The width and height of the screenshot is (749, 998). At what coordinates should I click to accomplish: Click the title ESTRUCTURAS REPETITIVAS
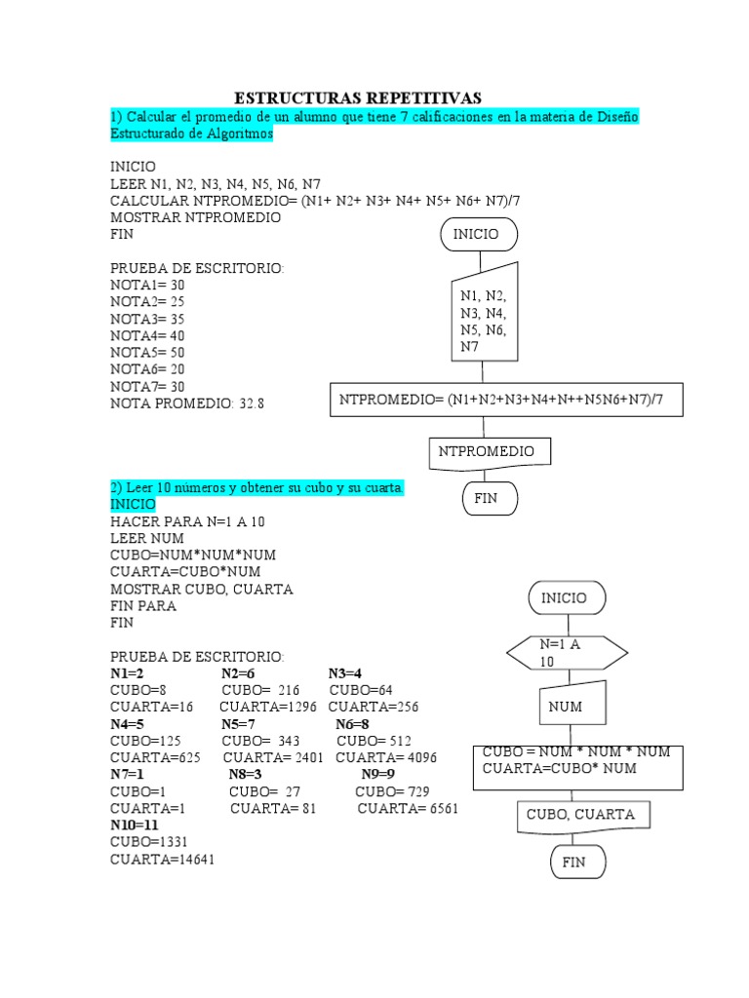[358, 98]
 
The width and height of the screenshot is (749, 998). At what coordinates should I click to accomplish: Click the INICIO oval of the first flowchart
[479, 235]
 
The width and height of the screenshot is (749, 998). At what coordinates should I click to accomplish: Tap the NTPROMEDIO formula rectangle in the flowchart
[506, 400]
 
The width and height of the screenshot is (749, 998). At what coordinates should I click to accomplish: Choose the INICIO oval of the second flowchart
[566, 598]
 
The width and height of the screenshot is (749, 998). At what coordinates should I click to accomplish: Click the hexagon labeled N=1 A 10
[566, 653]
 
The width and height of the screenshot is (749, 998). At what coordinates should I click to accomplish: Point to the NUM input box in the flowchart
[566, 707]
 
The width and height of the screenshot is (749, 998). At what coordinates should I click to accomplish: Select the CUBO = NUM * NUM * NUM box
[577, 761]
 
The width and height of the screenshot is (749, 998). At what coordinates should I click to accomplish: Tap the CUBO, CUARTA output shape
[581, 816]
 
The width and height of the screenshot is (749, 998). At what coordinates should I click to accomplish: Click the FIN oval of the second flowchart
[573, 863]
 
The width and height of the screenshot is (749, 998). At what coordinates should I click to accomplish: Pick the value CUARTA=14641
[162, 860]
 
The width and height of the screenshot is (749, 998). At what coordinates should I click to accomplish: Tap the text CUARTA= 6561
[408, 809]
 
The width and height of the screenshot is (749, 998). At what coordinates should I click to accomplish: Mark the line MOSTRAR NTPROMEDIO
[195, 217]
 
